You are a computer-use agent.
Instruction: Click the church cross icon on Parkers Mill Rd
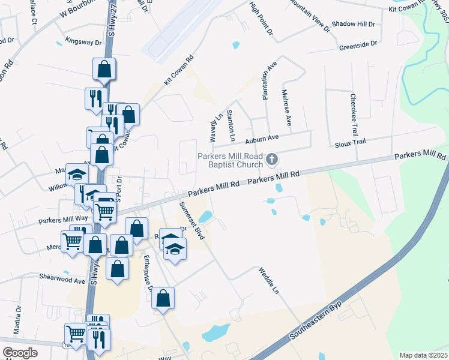coord(272,159)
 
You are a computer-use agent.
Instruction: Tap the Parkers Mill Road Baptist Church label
coord(231,160)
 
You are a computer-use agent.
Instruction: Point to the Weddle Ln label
coord(269,281)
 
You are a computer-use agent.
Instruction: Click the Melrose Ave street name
coord(286,107)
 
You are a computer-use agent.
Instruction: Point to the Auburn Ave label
coord(262,139)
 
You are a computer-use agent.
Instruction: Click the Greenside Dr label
coord(358,44)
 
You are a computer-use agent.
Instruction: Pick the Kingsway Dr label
coord(83,43)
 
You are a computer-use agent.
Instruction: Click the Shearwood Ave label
coord(63,280)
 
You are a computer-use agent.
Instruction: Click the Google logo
coord(20,353)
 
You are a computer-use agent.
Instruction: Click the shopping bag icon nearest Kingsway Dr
coord(104,69)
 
